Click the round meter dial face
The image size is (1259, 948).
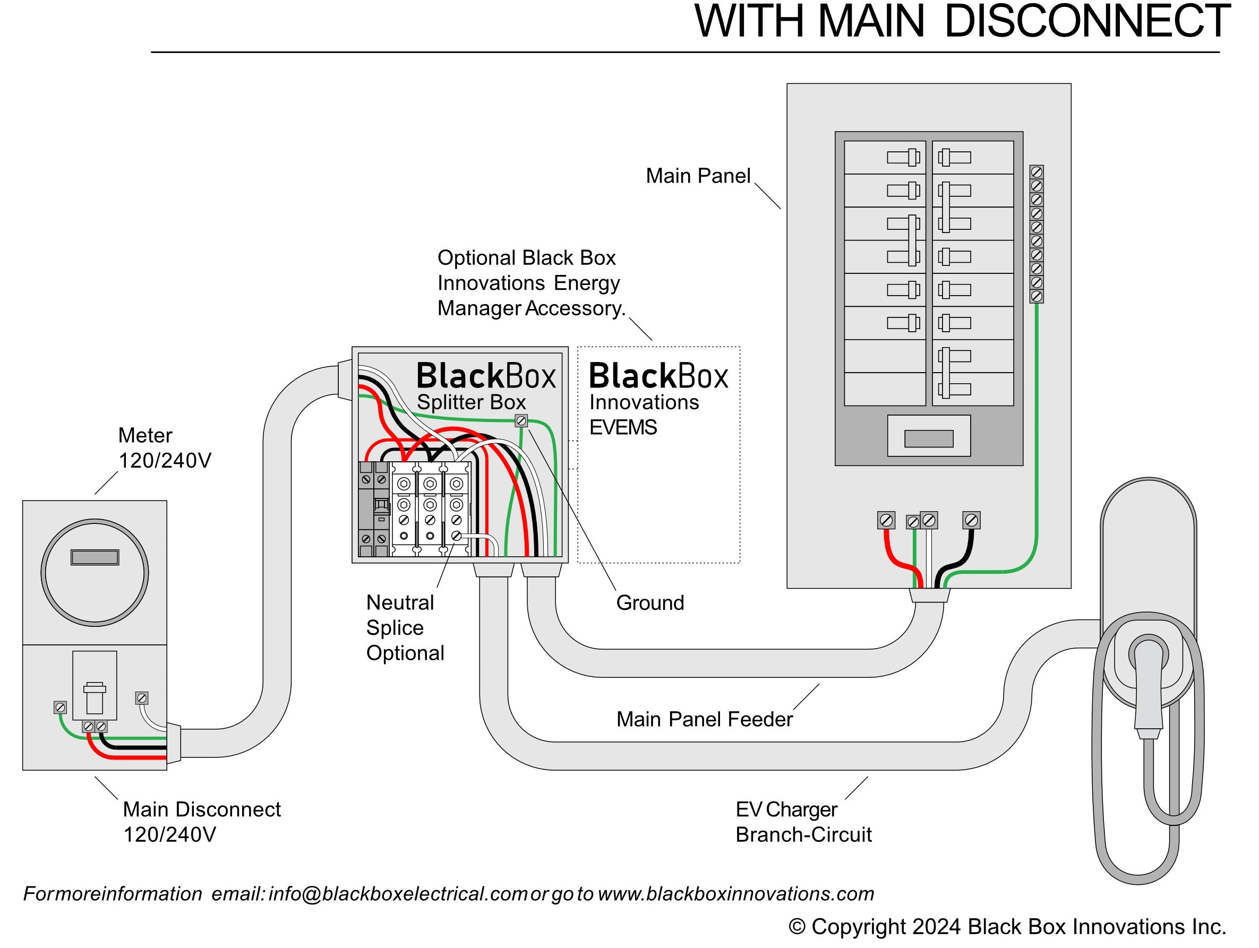point(95,572)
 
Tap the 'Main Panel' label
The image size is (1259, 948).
point(698,176)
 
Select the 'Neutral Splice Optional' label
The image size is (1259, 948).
point(405,627)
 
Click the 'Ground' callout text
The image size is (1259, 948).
point(650,602)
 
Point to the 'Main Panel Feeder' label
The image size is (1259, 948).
point(704,719)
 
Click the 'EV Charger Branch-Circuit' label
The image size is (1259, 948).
point(802,822)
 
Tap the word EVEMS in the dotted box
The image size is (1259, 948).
point(623,427)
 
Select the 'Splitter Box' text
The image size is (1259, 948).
point(472,402)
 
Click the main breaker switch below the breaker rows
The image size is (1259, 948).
point(928,439)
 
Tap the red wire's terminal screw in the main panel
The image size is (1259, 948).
point(886,520)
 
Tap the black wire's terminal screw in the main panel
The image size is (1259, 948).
point(971,520)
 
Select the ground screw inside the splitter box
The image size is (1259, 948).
point(521,421)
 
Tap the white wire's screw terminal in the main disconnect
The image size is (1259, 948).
point(142,698)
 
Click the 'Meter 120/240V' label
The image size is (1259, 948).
point(164,448)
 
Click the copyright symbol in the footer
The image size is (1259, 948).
point(797,927)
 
